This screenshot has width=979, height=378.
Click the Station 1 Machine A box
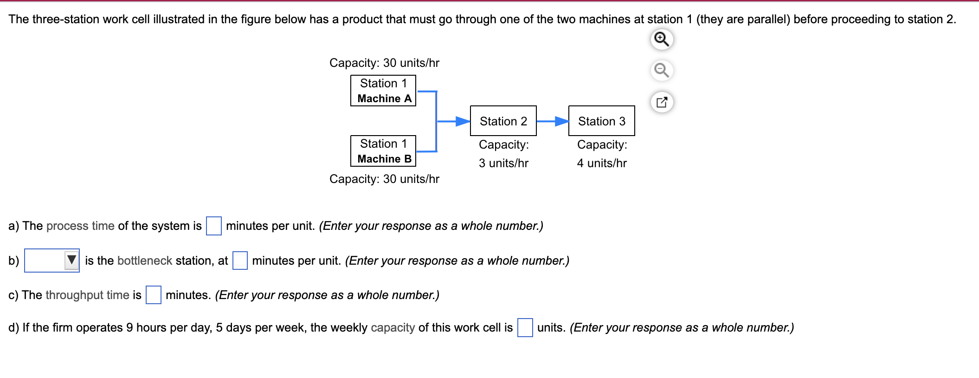pos(383,91)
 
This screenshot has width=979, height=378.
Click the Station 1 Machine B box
pos(383,151)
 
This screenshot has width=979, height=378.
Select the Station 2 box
pos(503,121)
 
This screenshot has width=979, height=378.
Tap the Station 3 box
pos(601,121)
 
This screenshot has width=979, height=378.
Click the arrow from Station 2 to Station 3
pos(552,121)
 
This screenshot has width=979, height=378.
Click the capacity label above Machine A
pos(384,63)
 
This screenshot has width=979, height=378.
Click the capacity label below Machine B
pos(384,179)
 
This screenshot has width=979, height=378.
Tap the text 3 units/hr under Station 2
pos(503,163)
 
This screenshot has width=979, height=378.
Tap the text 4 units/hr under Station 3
pos(602,163)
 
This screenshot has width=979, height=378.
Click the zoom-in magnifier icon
pos(662,39)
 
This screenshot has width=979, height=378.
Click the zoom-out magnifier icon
pos(662,71)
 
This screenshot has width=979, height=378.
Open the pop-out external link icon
pos(662,102)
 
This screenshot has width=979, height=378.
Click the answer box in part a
pos(213,226)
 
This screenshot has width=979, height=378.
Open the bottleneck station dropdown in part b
pos(52,261)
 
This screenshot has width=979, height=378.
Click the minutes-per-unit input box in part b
pos(240,261)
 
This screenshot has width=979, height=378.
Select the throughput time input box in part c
pos(153,295)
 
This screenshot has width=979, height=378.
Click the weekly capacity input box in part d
pos(525,327)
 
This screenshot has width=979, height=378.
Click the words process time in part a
pos(80,226)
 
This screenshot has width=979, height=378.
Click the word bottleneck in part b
pos(145,261)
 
